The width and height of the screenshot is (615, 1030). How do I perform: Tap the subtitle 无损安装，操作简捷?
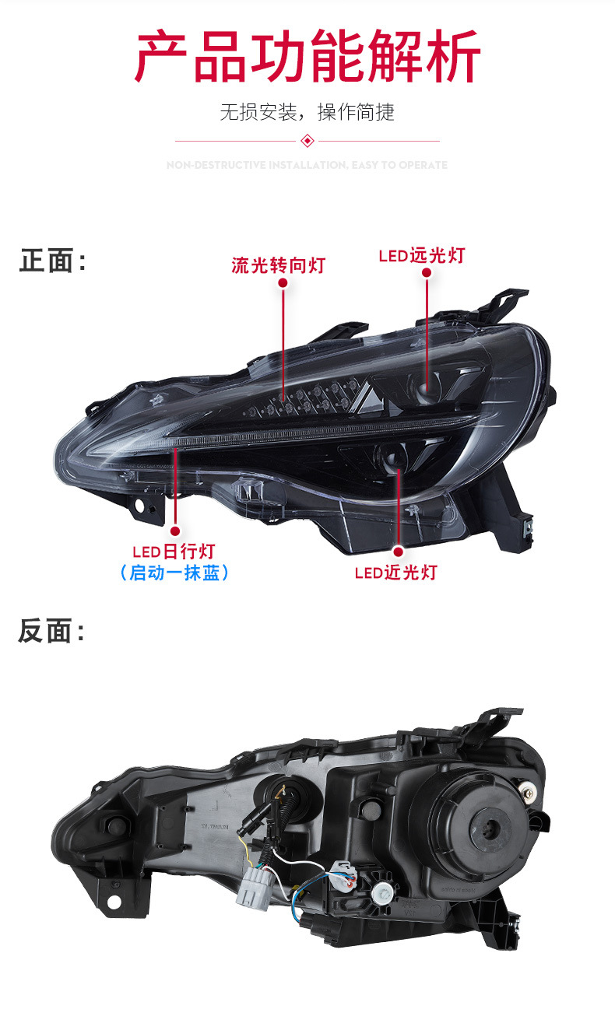pos(307,112)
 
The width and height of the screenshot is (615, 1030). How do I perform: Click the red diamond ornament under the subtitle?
pos(307,141)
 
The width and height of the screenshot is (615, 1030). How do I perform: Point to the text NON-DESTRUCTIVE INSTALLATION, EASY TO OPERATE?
pos(307,165)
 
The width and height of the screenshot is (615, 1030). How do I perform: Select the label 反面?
pos(51,631)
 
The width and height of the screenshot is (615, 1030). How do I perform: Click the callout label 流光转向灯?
pos(278,265)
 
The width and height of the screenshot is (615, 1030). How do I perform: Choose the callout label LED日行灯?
pos(173,552)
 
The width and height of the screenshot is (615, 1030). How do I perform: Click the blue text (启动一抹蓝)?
pos(174,573)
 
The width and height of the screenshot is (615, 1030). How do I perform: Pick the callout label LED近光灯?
pos(395,573)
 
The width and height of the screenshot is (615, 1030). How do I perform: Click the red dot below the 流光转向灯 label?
pos(283,285)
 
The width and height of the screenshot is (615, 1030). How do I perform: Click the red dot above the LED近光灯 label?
pos(398,552)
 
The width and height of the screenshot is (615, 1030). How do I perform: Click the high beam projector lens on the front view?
pos(426,387)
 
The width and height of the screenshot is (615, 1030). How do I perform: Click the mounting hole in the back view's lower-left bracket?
pos(114,902)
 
